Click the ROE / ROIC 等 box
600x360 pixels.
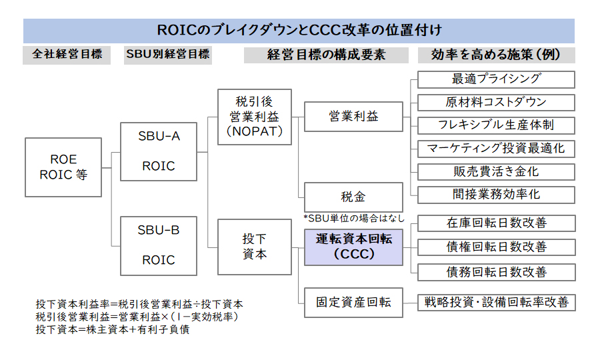pyautogui.click(x=63, y=167)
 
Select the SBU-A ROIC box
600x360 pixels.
pyautogui.click(x=159, y=151)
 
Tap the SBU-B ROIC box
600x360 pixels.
pyautogui.click(x=159, y=245)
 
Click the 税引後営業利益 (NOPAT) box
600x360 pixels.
pyautogui.click(x=255, y=117)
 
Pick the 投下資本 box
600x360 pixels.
pyautogui.click(x=255, y=247)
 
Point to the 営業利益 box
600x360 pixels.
pyautogui.click(x=353, y=116)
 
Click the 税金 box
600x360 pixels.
pyautogui.click(x=353, y=197)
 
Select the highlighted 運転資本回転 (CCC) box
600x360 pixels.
pyautogui.click(x=353, y=247)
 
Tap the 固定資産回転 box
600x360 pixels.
pyautogui.click(x=353, y=303)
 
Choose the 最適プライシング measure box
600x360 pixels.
pyautogui.click(x=496, y=79)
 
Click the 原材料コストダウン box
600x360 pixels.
pyautogui.click(x=496, y=103)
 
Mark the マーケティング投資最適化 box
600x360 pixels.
pyautogui.click(x=496, y=149)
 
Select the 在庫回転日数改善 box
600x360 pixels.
pyautogui.click(x=496, y=223)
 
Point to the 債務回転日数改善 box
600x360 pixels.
pyautogui.click(x=496, y=273)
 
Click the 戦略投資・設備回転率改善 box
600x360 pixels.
pyautogui.click(x=496, y=303)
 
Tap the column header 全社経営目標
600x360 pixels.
pyautogui.click(x=67, y=54)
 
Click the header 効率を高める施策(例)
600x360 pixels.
pyautogui.click(x=496, y=55)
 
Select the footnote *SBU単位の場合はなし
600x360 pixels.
pyautogui.click(x=354, y=219)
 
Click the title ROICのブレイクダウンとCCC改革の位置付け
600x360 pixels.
pyautogui.click(x=299, y=30)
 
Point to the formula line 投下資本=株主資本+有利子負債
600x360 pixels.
pyautogui.click(x=113, y=329)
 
